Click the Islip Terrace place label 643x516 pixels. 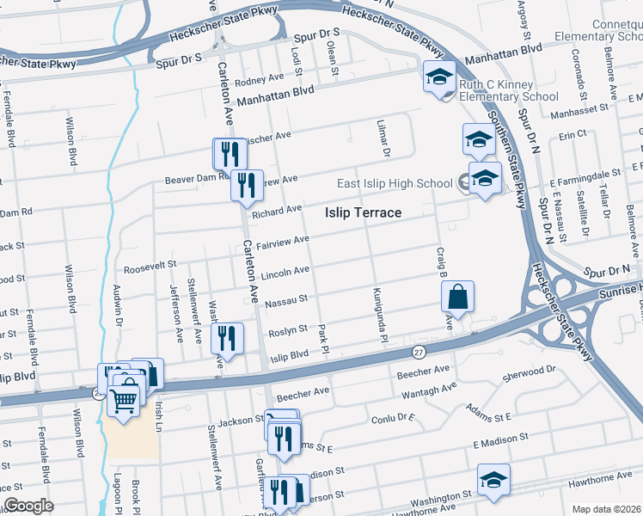364,212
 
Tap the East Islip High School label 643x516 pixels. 395,182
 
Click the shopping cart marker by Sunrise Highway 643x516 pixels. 125,399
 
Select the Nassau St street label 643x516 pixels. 287,302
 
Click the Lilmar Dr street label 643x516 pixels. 384,138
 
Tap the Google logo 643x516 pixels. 28,506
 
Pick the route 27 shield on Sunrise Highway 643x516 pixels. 419,352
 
